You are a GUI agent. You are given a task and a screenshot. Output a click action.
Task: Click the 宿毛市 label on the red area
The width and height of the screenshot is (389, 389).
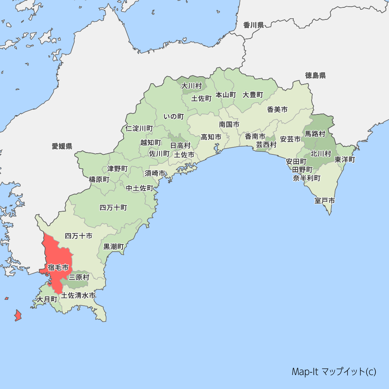pos(58,268)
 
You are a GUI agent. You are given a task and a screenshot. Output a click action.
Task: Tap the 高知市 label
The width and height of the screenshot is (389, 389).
pos(211,137)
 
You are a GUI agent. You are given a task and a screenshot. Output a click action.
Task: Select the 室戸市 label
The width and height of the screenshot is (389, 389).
pos(325,201)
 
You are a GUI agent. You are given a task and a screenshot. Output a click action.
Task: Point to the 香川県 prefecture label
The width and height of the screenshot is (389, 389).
pos(254,26)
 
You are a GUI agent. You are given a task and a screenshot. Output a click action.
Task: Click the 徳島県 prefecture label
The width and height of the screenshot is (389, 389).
pos(315,75)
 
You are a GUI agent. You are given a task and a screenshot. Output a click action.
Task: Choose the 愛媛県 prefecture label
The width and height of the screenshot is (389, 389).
pos(62,146)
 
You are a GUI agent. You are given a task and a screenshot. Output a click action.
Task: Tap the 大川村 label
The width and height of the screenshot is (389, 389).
pos(192,86)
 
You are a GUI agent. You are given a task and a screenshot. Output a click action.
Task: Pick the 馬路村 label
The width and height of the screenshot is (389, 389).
pos(315,134)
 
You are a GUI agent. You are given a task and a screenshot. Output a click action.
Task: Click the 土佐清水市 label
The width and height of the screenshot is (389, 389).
pos(78,295)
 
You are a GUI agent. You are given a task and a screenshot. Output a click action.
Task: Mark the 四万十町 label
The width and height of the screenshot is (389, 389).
pos(113,207)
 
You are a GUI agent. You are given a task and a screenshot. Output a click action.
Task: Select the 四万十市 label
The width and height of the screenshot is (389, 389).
pos(79,236)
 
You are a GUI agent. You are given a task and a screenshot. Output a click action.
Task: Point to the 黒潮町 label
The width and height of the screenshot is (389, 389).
pos(114,247)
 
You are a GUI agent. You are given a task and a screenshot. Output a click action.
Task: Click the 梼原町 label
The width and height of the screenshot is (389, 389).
pos(99,179)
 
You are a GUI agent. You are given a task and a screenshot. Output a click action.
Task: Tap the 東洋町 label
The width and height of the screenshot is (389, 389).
pos(345,159)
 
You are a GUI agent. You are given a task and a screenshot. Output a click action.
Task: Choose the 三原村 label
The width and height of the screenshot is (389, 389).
pos(79,277)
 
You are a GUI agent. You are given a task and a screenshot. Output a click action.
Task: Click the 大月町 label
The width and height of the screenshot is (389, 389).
pos(47,300)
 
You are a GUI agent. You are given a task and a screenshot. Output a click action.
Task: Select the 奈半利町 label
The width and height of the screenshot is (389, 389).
pos(307,178)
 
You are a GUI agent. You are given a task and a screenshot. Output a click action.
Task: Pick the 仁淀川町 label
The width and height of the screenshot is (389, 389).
pos(139,128)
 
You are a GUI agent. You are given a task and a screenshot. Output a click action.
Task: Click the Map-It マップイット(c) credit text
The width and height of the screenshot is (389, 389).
pos(334,371)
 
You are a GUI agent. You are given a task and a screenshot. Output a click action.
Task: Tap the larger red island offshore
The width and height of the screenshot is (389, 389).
pos(18,315)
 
